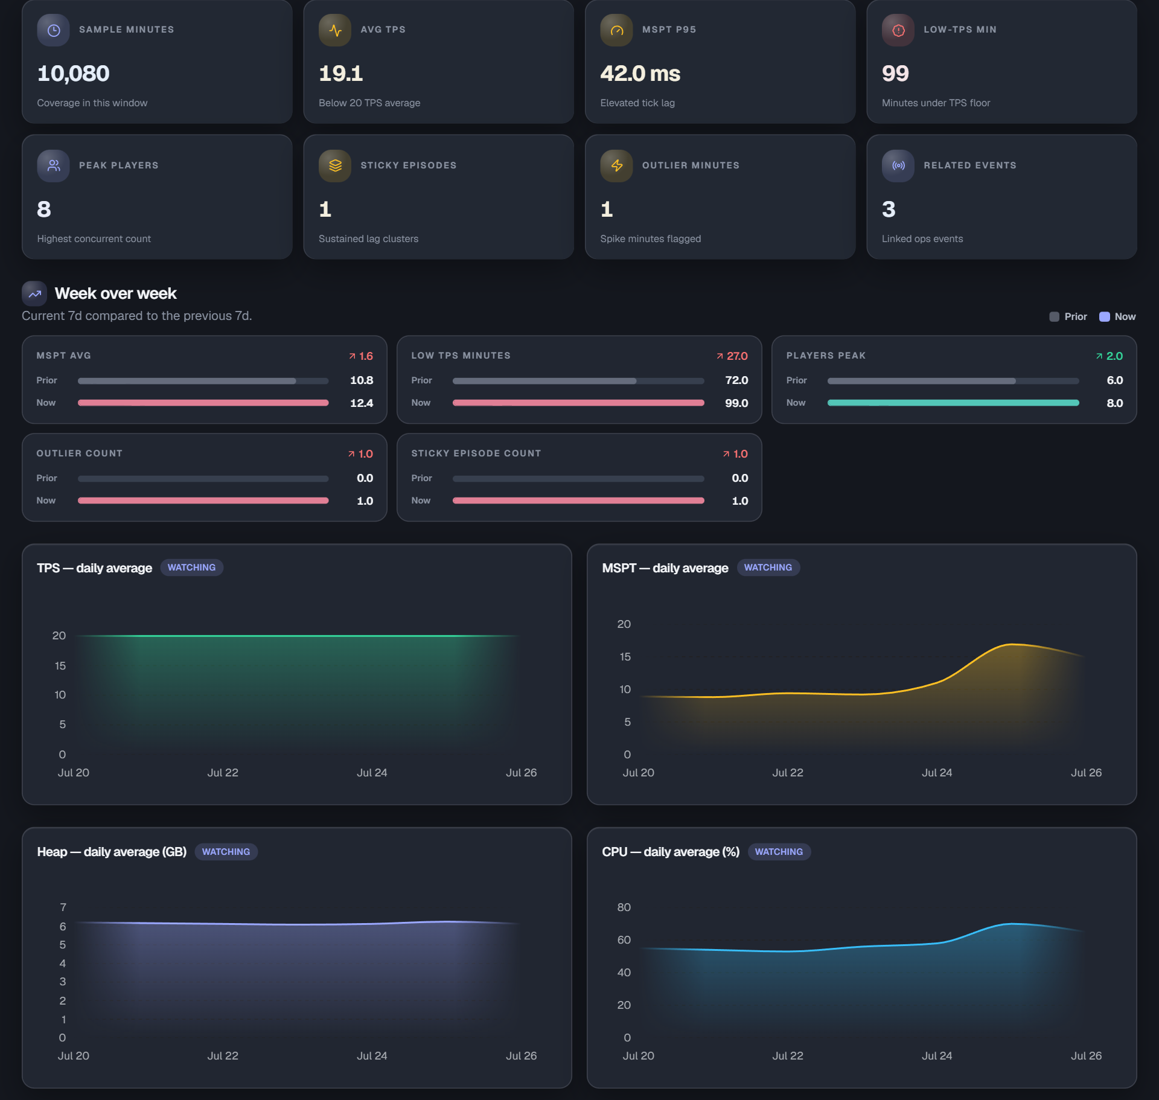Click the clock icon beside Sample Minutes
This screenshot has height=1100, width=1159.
[x=54, y=30]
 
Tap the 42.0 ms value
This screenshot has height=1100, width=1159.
[x=640, y=74]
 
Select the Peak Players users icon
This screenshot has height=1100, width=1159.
[x=54, y=165]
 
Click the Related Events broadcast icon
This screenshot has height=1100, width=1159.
[x=898, y=165]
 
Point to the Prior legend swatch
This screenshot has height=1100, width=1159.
[x=1054, y=317]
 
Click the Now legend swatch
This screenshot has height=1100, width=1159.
[x=1104, y=317]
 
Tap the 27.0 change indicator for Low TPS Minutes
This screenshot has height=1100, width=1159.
[x=732, y=356]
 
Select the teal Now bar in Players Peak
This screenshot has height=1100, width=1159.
[x=953, y=403]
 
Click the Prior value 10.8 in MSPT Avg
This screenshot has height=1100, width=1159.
[x=362, y=380]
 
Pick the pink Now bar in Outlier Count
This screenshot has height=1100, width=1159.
[x=203, y=500]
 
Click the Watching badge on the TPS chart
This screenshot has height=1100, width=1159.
[x=191, y=568]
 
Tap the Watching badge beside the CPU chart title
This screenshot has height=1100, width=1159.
[x=779, y=852]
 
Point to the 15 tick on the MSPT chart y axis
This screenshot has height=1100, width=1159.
[x=625, y=657]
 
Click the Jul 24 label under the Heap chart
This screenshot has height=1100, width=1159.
[x=372, y=1056]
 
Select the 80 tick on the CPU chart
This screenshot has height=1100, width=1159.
[x=624, y=907]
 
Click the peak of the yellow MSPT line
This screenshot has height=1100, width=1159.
[x=1012, y=644]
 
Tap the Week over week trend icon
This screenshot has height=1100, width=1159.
[x=34, y=294]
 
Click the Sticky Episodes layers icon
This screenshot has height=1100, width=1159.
[x=335, y=165]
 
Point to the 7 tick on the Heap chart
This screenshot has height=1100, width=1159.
[x=63, y=907]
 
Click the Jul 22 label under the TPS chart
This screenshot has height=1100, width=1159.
[x=223, y=773]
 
